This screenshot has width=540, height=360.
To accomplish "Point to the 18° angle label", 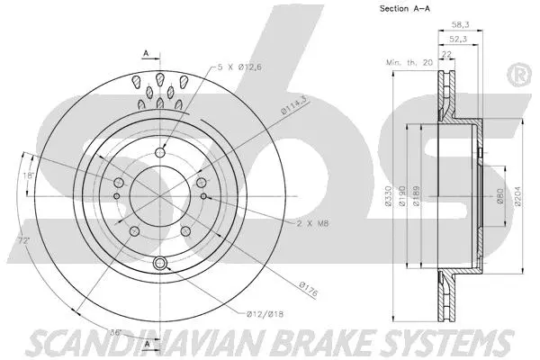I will [30, 177].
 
